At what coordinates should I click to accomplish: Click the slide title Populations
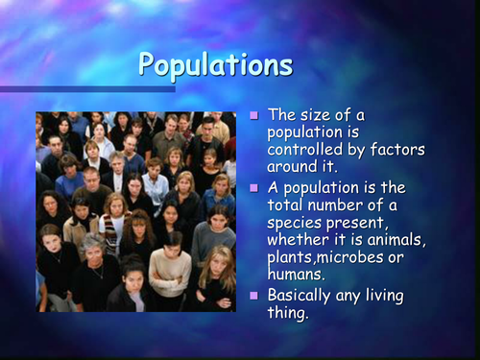pyautogui.click(x=214, y=64)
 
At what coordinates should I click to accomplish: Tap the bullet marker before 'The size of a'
pyautogui.click(x=254, y=116)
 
